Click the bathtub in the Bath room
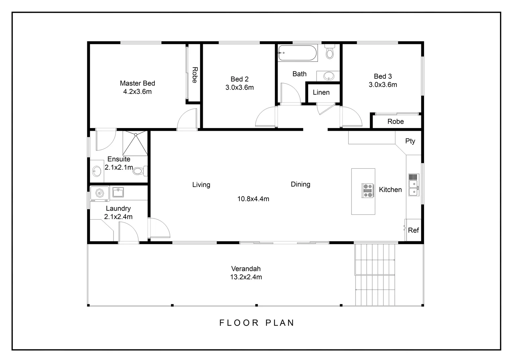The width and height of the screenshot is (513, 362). tap(297, 53)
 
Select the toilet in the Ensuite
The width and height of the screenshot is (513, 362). tap(139, 171)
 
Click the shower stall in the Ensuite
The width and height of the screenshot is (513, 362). tap(135, 143)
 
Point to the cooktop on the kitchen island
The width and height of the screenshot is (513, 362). tap(368, 190)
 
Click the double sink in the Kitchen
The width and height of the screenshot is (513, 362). tap(413, 184)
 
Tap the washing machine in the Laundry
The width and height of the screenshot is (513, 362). tap(100, 193)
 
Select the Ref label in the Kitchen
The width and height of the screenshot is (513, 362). tap(413, 230)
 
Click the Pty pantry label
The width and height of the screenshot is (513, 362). tap(410, 141)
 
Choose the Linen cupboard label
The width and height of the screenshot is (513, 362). tap(321, 93)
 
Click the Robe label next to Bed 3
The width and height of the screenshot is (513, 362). tap(395, 122)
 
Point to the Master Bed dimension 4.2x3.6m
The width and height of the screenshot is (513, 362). tap(137, 92)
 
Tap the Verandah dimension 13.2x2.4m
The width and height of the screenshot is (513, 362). tap(246, 277)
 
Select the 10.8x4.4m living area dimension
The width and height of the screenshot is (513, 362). tap(253, 199)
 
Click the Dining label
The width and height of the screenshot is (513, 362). tap(300, 184)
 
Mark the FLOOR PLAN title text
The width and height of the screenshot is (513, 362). tap(257, 323)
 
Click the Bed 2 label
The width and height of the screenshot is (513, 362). tap(239, 79)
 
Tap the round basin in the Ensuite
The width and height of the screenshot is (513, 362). tap(97, 171)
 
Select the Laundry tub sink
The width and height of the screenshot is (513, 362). tap(118, 192)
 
